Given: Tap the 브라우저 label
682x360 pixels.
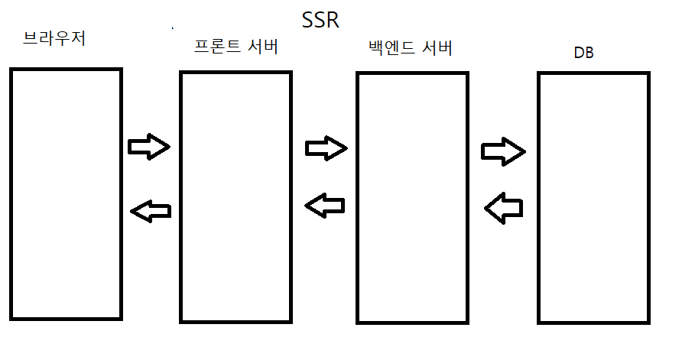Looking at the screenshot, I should (x=54, y=38).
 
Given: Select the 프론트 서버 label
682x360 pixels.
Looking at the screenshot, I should (x=235, y=47).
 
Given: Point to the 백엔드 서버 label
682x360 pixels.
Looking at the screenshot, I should (x=410, y=49).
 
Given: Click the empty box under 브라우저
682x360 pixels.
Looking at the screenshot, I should (x=66, y=194).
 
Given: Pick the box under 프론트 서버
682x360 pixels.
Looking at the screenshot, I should (x=235, y=197).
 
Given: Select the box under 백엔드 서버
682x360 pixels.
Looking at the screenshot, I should (x=412, y=197).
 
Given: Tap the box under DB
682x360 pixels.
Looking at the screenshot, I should (x=594, y=197).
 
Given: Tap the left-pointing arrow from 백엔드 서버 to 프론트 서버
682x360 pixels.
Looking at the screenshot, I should (x=325, y=203).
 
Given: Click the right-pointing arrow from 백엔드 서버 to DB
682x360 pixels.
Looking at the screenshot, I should (x=503, y=151).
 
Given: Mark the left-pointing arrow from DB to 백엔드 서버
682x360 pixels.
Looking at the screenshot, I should (x=505, y=206).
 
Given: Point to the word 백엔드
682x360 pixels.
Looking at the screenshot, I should (x=391, y=49).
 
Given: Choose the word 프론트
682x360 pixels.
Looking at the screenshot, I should (x=216, y=47).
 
